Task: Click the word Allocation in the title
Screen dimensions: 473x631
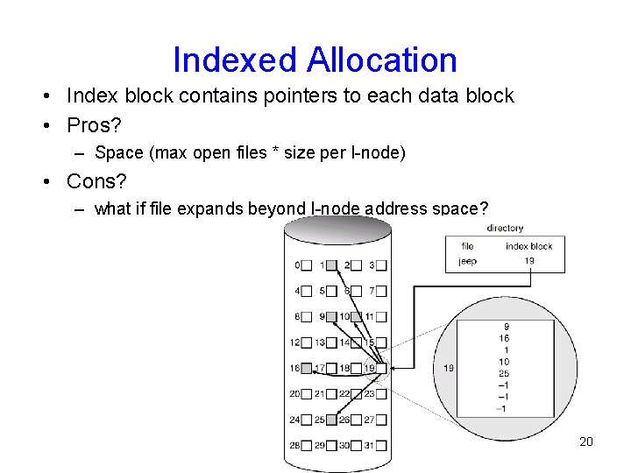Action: point(381,60)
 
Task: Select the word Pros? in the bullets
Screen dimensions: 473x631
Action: point(94,124)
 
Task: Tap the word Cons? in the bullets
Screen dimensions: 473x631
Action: point(97,181)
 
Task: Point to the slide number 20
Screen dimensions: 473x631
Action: point(586,441)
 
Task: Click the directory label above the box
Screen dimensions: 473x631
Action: point(505,229)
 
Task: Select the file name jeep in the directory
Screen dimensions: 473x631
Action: point(468,261)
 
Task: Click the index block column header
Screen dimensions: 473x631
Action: point(529,246)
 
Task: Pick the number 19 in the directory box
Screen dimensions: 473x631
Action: point(529,261)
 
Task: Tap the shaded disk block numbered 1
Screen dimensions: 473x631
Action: point(331,265)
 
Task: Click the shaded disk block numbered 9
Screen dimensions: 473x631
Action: point(331,316)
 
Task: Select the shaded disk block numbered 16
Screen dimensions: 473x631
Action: point(306,369)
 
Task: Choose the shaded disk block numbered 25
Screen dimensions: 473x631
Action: point(331,420)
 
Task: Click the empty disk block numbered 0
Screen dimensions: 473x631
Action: point(306,265)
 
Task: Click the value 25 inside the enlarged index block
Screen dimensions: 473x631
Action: point(504,374)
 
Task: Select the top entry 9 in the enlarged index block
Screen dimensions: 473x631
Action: point(506,327)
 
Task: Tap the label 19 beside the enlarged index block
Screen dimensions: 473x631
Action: point(448,368)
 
